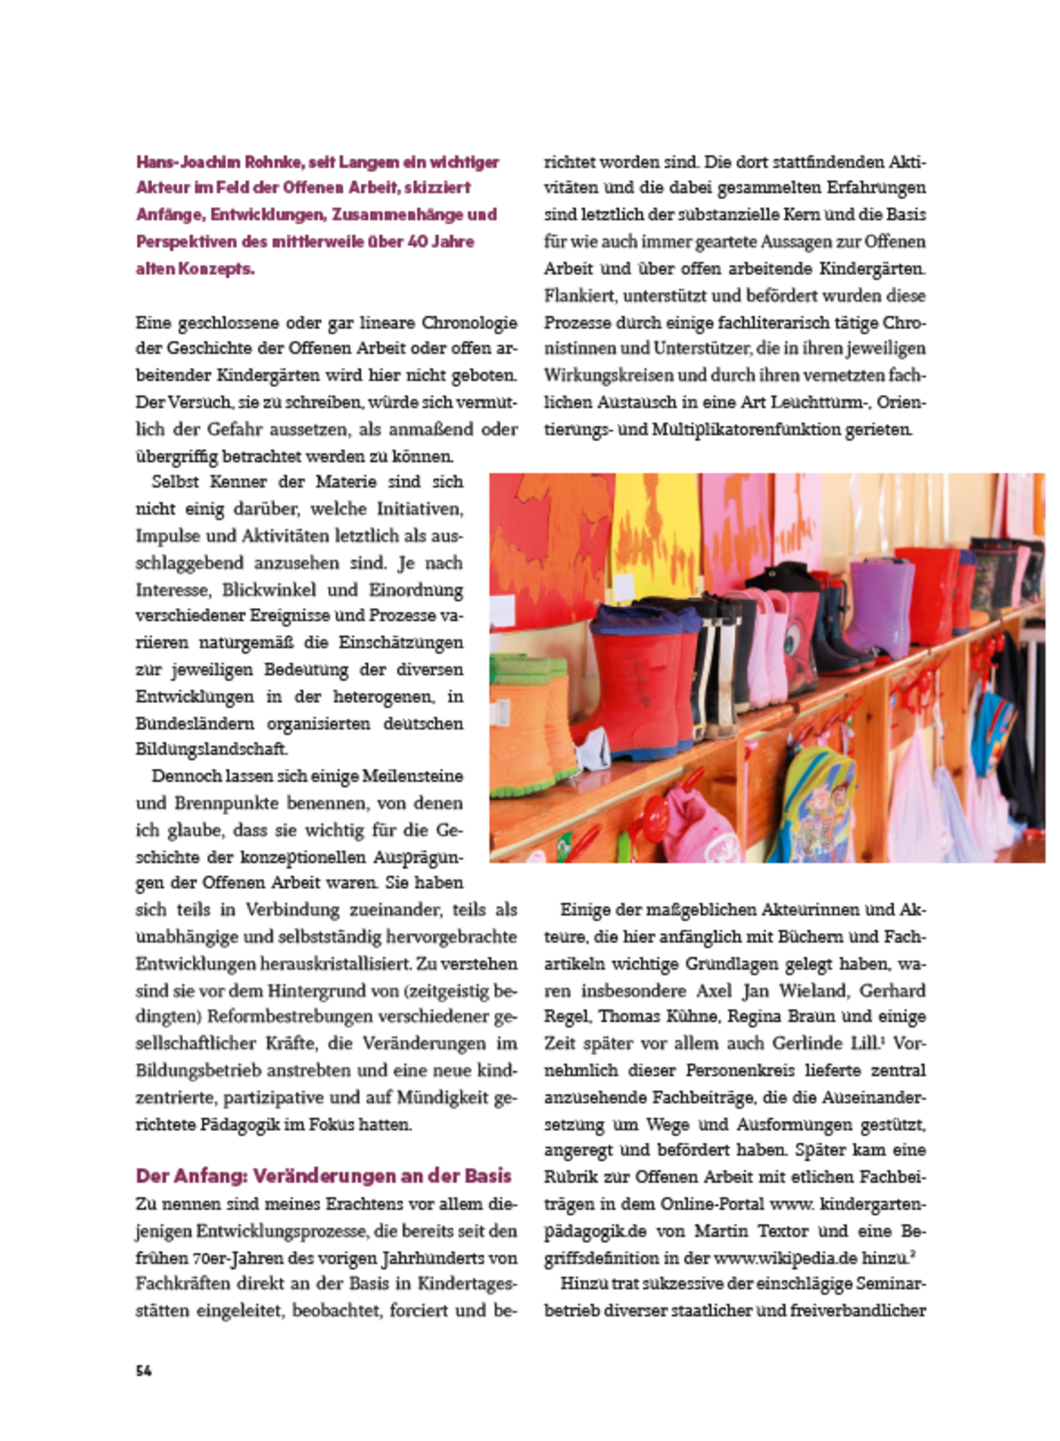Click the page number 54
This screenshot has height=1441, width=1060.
pos(143,1370)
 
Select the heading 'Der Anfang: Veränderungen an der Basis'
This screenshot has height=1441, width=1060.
pos(323,1175)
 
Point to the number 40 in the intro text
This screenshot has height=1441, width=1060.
pos(418,242)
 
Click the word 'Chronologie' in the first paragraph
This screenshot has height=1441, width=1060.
pos(469,323)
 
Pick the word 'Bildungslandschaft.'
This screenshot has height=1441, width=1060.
pos(211,748)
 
